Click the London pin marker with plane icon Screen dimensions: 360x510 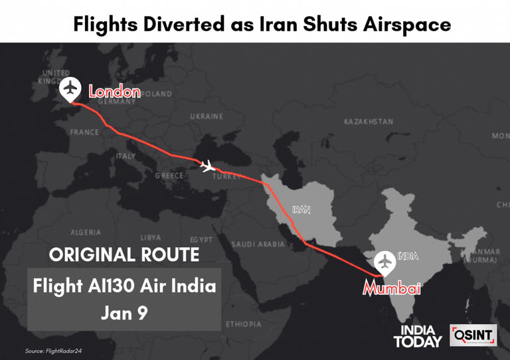(70, 89)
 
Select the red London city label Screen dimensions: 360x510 (114, 92)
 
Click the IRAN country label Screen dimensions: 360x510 (301, 209)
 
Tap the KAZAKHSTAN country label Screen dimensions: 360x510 (369, 122)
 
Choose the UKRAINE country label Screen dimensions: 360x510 (207, 116)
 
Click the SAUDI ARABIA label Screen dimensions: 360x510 (258, 244)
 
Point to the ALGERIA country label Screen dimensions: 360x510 (86, 232)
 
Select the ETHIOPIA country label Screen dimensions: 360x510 (243, 324)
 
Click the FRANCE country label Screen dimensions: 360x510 (84, 132)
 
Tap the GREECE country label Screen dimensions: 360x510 (169, 176)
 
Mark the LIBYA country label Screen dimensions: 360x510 (151, 237)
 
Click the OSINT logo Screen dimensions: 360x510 (473, 335)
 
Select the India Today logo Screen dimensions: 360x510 (417, 336)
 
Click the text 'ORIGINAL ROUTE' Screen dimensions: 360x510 (124, 254)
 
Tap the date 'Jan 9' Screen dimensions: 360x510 (124, 312)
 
